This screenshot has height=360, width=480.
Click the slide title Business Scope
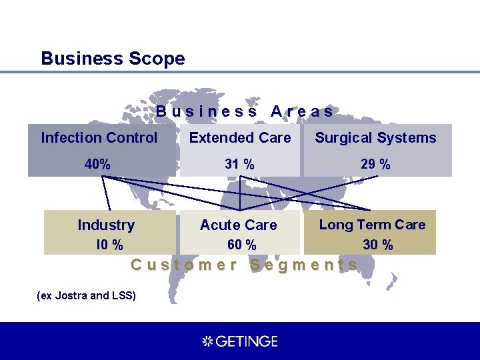(113, 59)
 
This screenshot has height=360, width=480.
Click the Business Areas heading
(245, 111)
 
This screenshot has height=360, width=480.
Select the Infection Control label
(99, 138)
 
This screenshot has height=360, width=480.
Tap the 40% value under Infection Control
(97, 164)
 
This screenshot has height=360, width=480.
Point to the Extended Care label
(240, 138)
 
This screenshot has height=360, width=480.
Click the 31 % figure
(239, 164)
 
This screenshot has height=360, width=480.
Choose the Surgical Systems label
(375, 138)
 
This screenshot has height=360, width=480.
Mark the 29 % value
(376, 164)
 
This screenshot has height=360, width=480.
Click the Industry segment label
(106, 225)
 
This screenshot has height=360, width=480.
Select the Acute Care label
(238, 225)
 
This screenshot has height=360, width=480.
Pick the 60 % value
(241, 245)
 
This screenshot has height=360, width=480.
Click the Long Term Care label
(372, 225)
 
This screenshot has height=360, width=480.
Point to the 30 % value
(377, 245)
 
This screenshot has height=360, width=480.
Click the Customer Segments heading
(244, 265)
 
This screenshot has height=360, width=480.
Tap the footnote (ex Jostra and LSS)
(87, 295)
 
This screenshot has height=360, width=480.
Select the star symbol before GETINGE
(207, 341)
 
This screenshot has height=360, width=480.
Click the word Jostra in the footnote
(69, 295)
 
